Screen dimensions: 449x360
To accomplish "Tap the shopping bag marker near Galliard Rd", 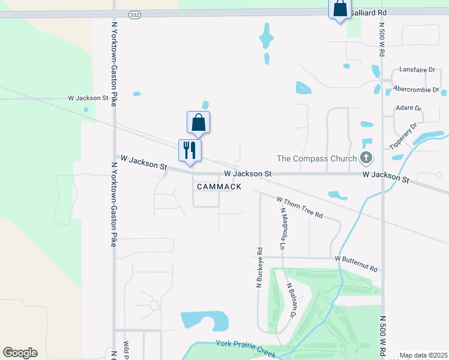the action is pos(340,9).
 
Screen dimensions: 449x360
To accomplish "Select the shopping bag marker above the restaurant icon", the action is pos(199,122).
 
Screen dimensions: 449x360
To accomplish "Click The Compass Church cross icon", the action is pos(365,158).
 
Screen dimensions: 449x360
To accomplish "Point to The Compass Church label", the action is pos(316,158).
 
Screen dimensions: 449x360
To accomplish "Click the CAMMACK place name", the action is pos(219,187).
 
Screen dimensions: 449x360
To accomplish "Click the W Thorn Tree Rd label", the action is pos(300,207).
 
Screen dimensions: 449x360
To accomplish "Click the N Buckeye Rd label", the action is pos(259,268).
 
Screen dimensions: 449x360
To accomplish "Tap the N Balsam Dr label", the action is pos(291,300).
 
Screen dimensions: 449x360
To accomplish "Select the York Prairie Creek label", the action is pos(246,347).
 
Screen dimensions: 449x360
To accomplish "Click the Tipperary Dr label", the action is pos(403,137).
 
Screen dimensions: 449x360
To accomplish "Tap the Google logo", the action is pos(20,353).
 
